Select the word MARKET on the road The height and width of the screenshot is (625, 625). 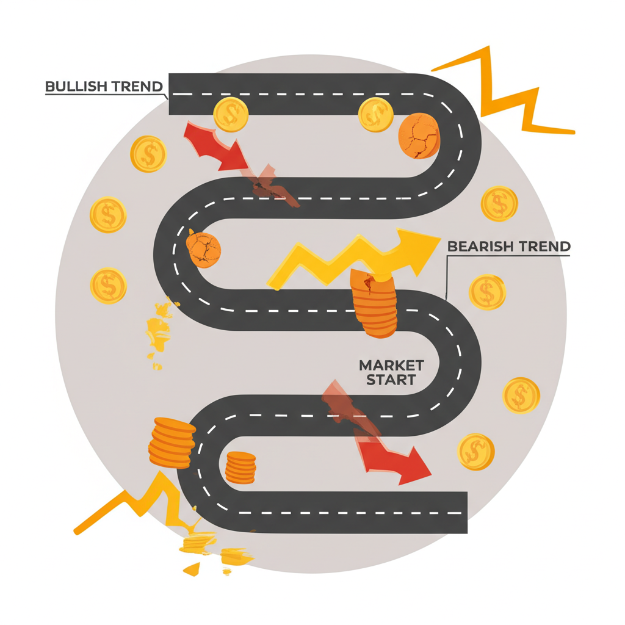(x=391, y=366)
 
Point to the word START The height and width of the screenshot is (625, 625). (x=391, y=380)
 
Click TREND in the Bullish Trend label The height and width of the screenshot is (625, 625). (x=137, y=86)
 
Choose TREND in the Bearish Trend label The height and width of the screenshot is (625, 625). (x=544, y=247)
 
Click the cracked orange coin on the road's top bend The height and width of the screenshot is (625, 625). (x=419, y=135)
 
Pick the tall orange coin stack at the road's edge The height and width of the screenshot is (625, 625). (x=172, y=443)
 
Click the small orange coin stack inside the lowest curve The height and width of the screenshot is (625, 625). (x=240, y=468)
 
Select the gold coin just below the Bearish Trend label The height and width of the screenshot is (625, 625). (x=487, y=292)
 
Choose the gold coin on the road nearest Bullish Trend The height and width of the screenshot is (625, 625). (x=231, y=114)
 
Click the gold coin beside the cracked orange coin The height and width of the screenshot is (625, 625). (x=375, y=114)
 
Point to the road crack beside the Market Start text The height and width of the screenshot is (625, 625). (x=342, y=403)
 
